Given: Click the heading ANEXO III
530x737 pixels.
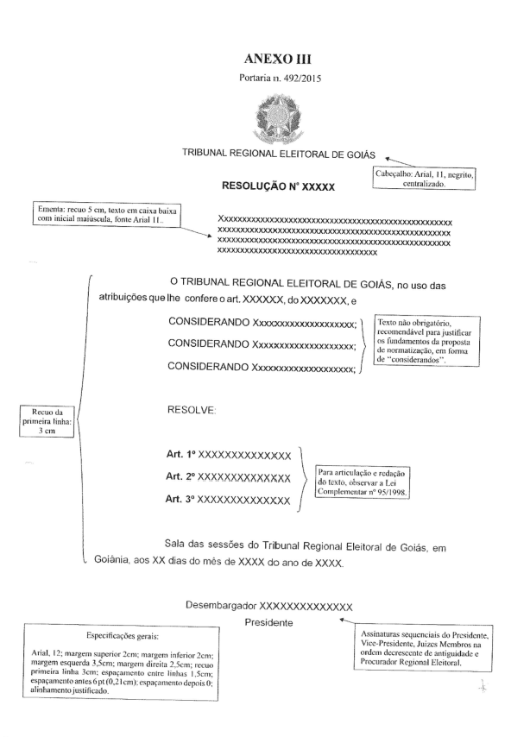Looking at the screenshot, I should click(x=265, y=60).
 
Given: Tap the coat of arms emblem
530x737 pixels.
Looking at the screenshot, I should click(x=266, y=116).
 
